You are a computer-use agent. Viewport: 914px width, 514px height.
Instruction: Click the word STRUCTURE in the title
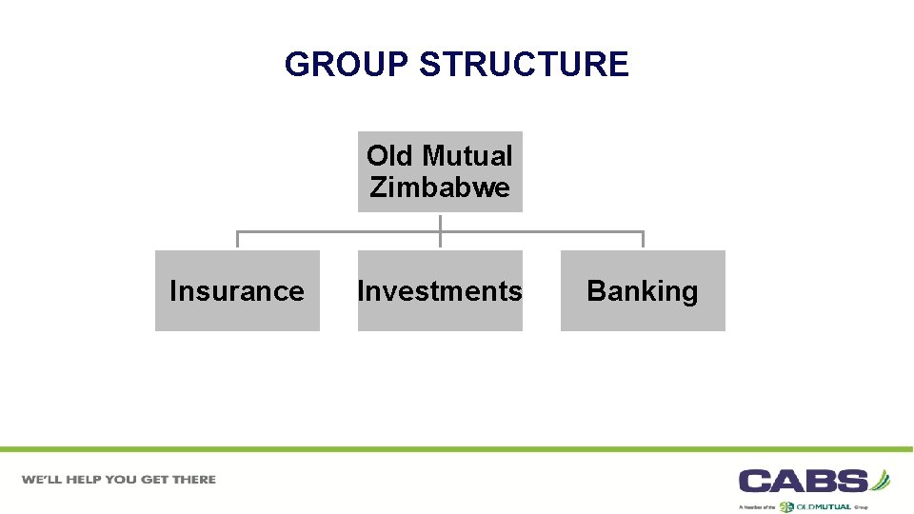point(524,65)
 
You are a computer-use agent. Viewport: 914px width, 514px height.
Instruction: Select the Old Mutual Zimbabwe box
point(440,171)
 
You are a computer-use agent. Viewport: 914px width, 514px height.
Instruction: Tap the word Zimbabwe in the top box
point(440,188)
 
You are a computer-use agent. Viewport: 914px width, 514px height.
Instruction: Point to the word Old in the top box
point(390,155)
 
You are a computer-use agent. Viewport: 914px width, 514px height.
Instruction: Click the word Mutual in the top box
point(467,155)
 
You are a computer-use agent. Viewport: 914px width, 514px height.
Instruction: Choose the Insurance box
point(237,290)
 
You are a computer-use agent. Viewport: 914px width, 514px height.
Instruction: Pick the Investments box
point(440,290)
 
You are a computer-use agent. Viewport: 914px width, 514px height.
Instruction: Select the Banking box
point(643,290)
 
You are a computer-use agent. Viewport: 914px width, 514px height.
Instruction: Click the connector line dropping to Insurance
point(237,239)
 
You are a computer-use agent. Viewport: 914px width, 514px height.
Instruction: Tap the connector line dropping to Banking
point(643,239)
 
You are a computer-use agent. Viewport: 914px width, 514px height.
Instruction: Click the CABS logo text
point(804,481)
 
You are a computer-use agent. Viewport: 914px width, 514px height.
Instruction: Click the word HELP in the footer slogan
point(88,480)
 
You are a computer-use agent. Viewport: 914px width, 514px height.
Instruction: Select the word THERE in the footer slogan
point(194,480)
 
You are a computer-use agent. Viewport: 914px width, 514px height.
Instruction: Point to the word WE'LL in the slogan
point(43,480)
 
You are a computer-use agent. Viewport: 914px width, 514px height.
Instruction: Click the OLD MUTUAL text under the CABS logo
point(824,506)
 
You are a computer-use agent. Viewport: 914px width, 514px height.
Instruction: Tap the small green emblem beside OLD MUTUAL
point(786,506)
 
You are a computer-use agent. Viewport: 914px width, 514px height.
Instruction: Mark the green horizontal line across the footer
point(457,449)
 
